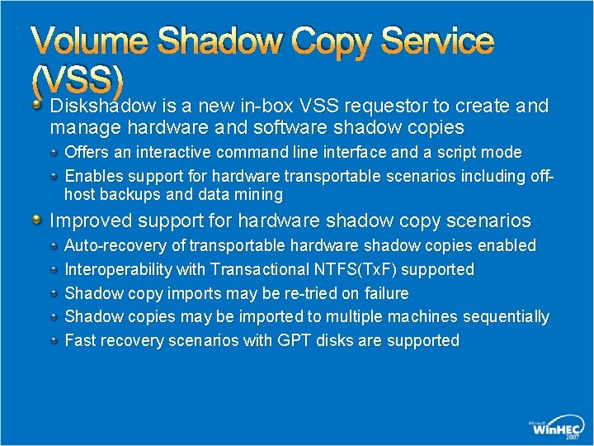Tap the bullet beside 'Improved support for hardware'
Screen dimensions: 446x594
point(38,220)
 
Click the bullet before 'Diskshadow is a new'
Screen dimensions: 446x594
point(38,105)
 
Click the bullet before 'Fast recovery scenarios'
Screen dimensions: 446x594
point(54,339)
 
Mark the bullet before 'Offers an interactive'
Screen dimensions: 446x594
point(54,152)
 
